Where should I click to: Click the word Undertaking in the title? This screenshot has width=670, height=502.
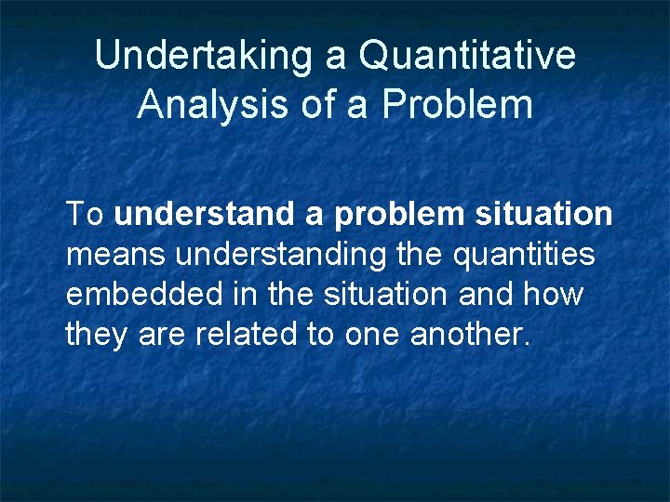coord(205,56)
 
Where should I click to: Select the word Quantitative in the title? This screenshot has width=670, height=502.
coord(467,56)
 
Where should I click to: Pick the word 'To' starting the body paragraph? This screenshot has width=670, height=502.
coord(85,214)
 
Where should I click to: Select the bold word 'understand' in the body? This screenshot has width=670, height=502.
coord(205,214)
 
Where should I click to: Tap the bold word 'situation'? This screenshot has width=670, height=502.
coord(543,214)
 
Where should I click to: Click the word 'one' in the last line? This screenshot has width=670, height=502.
coord(370,335)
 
